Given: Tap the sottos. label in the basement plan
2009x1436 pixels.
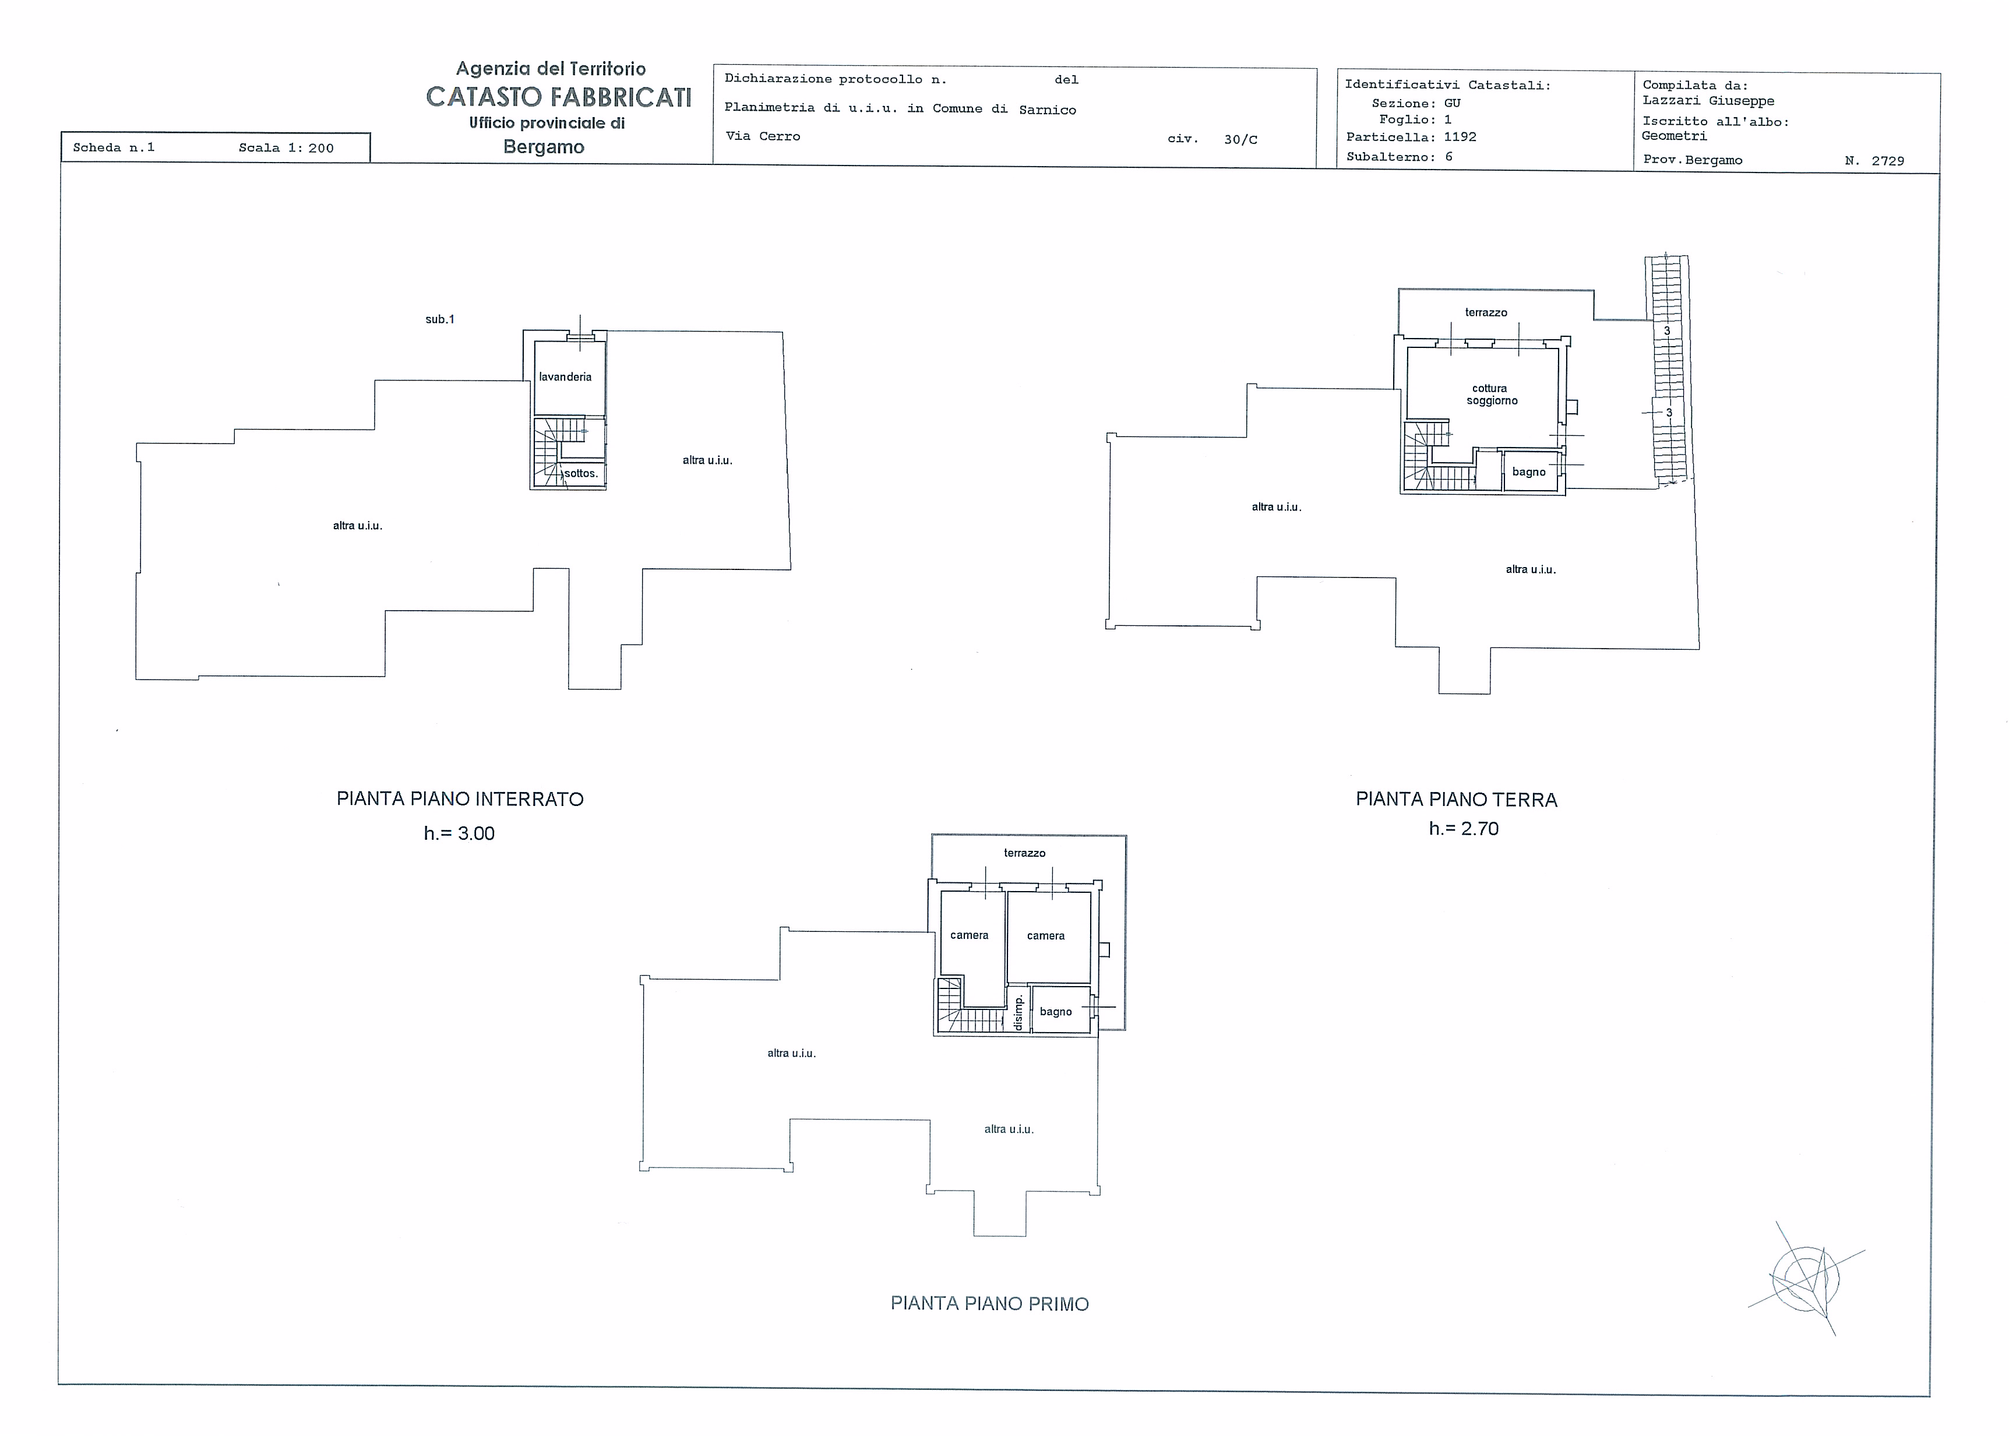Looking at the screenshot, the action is [x=581, y=473].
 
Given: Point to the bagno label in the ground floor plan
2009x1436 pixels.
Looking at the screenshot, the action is [x=1528, y=472].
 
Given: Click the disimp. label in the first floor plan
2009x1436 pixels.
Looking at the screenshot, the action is [x=1018, y=1012].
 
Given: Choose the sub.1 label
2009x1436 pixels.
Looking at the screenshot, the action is [x=439, y=319].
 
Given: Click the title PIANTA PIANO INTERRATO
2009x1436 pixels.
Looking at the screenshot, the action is [x=460, y=800].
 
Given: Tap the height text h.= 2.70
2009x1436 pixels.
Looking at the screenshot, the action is [x=1464, y=829].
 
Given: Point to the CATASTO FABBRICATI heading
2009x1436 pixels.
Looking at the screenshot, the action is [x=559, y=97].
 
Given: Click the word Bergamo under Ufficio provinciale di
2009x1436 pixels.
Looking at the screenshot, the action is [x=544, y=147].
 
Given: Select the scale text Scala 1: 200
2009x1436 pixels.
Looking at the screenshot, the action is [x=286, y=147].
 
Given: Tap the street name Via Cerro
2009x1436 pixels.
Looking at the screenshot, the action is [x=762, y=136].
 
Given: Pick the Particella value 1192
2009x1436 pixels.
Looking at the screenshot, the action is [x=1460, y=137].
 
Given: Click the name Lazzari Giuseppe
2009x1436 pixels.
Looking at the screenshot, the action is [x=1708, y=101].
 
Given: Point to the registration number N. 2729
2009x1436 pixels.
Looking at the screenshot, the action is [x=1874, y=161].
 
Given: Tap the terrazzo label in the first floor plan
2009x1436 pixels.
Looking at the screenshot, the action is [x=1024, y=853].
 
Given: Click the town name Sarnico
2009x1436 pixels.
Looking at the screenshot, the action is [x=1048, y=110].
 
